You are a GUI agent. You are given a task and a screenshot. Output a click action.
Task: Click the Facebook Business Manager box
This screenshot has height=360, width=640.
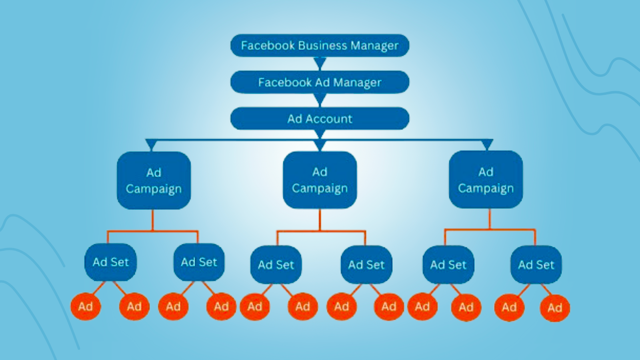click(x=320, y=46)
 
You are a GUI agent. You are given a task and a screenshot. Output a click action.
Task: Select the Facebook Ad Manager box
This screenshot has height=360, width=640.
click(x=320, y=82)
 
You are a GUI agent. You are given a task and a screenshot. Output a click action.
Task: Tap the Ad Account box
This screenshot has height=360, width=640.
click(x=320, y=119)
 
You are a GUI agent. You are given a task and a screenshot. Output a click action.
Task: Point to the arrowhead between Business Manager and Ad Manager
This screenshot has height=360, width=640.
click(x=320, y=63)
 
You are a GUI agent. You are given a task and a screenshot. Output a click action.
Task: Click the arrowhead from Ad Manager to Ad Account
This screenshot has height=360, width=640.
click(x=320, y=100)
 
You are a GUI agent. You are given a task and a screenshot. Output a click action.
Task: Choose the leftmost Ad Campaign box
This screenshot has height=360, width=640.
click(x=154, y=180)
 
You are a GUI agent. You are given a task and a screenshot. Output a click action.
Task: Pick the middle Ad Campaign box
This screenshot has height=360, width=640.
click(x=320, y=180)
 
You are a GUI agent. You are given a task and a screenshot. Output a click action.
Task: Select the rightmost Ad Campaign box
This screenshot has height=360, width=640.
click(x=486, y=180)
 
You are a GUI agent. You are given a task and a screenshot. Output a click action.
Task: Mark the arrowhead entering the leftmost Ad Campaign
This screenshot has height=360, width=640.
click(x=151, y=144)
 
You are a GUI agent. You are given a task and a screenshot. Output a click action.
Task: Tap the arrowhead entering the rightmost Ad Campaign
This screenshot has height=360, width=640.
click(x=487, y=144)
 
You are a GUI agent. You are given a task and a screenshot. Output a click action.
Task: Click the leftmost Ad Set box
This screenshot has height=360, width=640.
click(x=110, y=262)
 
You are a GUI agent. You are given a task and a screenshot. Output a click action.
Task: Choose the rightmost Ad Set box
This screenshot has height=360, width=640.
click(x=536, y=265)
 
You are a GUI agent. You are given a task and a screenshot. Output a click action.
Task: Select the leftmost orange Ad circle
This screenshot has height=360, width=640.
click(x=85, y=307)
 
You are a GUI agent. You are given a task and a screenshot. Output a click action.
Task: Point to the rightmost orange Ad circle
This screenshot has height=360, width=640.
click(x=555, y=308)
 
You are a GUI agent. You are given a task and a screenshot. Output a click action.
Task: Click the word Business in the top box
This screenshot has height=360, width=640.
click(x=322, y=46)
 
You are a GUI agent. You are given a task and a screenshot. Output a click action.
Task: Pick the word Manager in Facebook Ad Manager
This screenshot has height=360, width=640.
click(x=357, y=83)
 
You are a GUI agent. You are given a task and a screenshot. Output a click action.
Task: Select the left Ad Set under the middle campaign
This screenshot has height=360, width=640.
click(x=276, y=265)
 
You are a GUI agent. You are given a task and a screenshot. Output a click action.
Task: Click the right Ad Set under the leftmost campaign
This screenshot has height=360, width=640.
click(x=199, y=262)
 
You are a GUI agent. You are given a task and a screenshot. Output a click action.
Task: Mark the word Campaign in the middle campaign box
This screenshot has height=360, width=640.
click(x=320, y=188)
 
